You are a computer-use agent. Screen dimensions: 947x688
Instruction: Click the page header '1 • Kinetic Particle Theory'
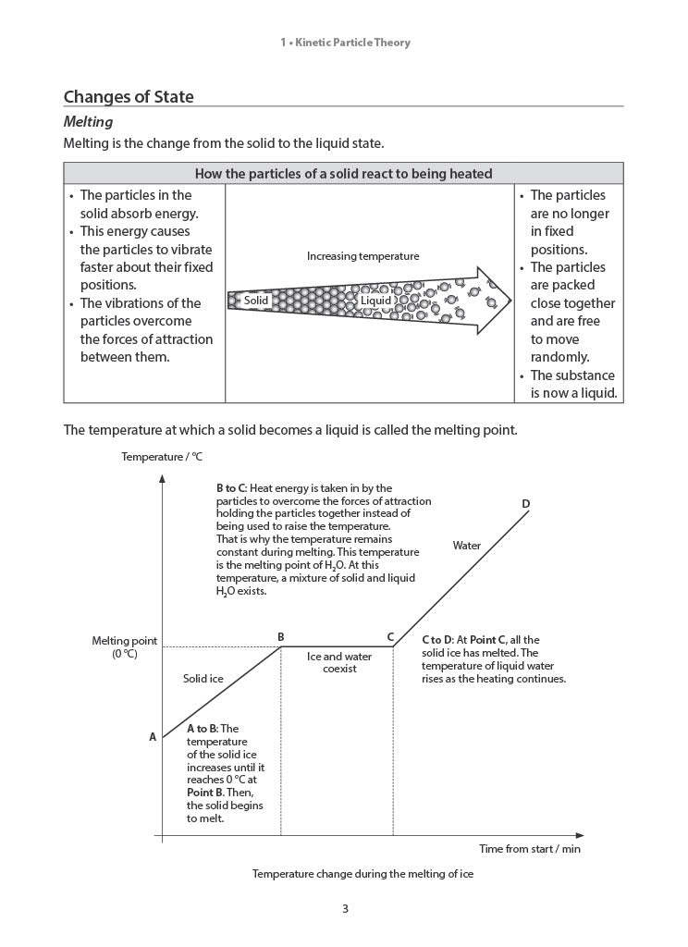(344, 43)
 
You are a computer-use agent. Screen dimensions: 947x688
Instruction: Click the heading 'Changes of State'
(129, 97)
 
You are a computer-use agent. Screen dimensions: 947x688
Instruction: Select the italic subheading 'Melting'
(88, 122)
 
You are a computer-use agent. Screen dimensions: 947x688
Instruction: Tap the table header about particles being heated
(343, 174)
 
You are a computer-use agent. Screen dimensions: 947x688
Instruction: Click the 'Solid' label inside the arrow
(256, 301)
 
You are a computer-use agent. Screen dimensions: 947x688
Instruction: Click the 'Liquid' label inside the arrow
(375, 301)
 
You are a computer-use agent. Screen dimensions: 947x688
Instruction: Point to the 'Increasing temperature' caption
(362, 256)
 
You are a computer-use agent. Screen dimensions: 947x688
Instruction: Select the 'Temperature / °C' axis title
(162, 457)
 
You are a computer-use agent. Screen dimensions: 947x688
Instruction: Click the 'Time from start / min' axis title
(530, 848)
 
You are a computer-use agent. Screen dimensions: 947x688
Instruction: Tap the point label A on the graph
(153, 738)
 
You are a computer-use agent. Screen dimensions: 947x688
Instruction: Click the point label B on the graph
(281, 636)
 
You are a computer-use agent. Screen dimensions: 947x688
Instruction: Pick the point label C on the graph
(391, 636)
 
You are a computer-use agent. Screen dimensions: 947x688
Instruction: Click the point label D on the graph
(525, 504)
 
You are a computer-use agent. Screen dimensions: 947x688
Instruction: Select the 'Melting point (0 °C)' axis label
(124, 647)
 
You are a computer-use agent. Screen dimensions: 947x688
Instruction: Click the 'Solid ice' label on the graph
(203, 679)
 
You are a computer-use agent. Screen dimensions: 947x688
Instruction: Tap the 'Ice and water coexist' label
(339, 663)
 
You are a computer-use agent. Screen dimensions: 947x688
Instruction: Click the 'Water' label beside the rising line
(467, 546)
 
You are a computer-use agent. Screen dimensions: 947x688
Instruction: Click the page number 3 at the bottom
(345, 909)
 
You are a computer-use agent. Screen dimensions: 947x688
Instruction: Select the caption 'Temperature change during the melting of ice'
(362, 874)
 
